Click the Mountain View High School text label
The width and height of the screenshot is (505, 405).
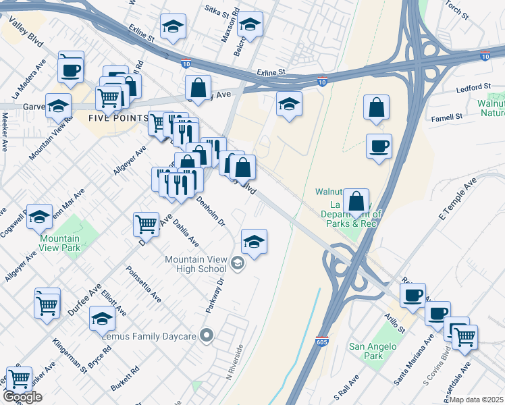tap(196, 264)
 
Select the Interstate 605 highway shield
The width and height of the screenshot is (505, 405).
tap(322, 343)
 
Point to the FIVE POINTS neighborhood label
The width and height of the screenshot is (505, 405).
tap(118, 117)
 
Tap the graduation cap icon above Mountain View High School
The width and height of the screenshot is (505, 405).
tap(254, 242)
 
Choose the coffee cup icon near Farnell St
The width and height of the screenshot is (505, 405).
tap(379, 145)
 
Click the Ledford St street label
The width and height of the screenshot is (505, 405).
tap(473, 88)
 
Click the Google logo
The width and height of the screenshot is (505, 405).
tap(22, 397)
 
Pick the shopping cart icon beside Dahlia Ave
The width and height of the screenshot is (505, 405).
tap(147, 223)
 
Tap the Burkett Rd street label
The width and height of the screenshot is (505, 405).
tap(125, 379)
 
